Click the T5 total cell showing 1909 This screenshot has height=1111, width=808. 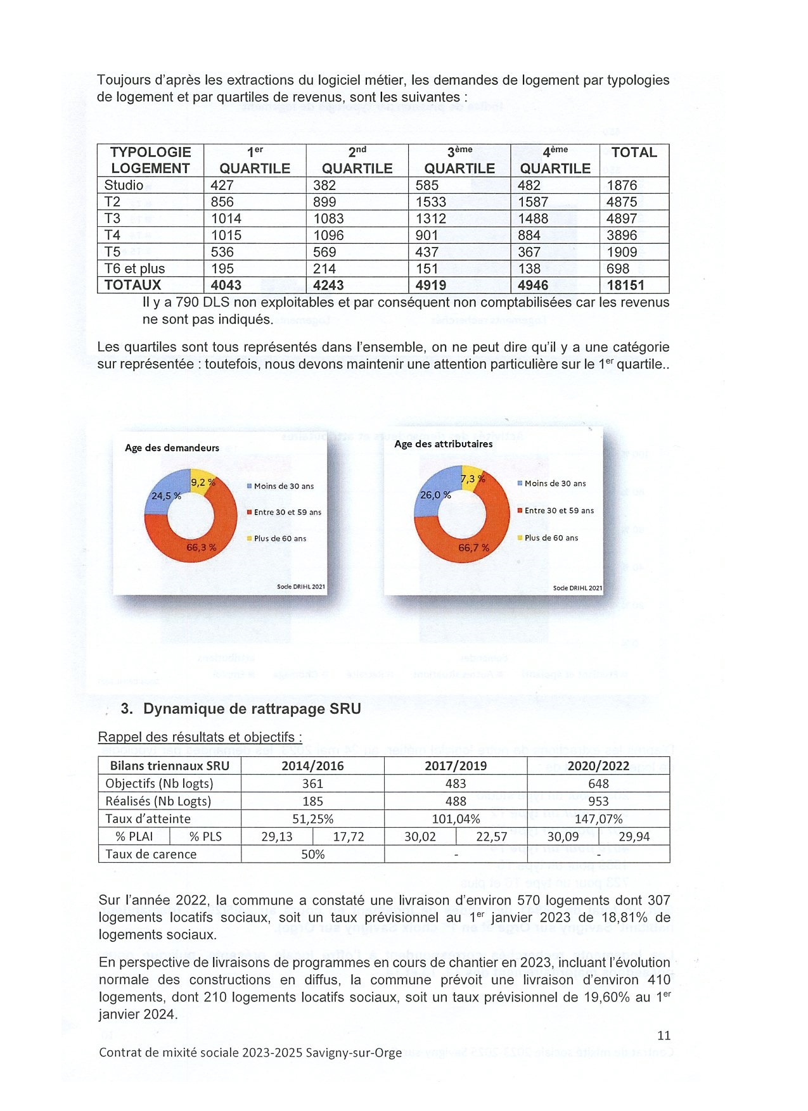622,251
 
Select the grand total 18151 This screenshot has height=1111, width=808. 625,285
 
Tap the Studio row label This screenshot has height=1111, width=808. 124,185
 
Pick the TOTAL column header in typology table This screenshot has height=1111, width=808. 634,153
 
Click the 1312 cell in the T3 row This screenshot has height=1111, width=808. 431,219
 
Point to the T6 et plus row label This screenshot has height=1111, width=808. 134,269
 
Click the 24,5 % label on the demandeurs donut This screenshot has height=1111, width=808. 166,496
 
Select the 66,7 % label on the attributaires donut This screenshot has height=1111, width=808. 473,547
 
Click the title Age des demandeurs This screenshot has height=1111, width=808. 172,448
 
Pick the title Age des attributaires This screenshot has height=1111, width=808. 443,444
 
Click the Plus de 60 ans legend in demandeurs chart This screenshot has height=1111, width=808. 279,538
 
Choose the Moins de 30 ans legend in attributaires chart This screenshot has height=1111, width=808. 555,483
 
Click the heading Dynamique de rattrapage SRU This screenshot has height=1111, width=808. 252,709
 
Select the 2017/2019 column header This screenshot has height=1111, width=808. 456,766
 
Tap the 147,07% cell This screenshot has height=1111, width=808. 598,819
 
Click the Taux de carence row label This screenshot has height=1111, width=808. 151,854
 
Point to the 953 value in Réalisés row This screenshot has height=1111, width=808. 598,801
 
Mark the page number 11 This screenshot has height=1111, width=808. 664,1036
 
